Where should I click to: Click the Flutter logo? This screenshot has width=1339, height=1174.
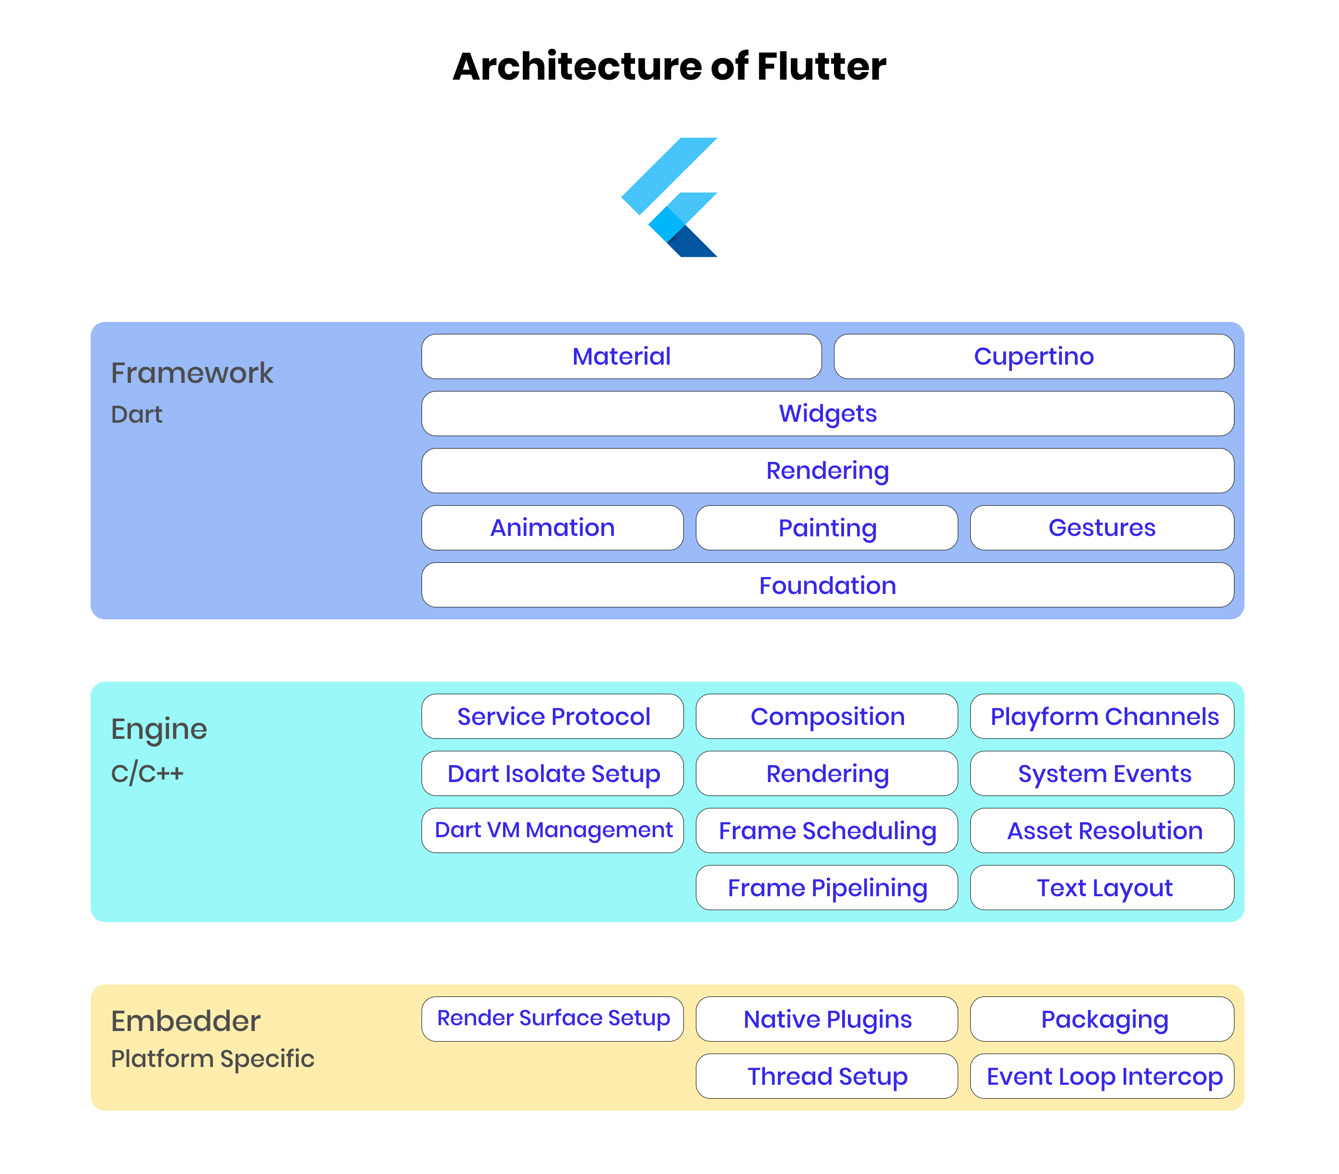(669, 197)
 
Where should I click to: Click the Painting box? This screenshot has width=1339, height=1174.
(826, 527)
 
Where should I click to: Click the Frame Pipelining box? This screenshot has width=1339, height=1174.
(826, 887)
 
